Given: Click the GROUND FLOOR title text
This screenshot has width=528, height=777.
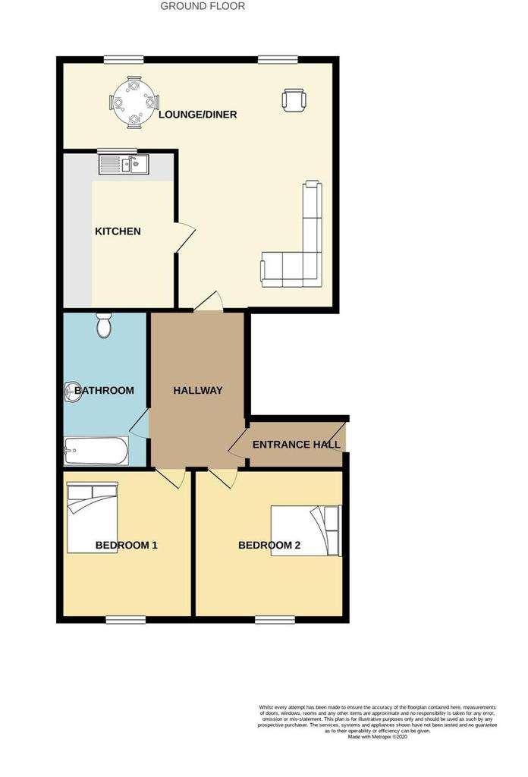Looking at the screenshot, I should pos(203,6).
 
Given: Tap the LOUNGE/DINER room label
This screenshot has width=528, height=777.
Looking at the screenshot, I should pos(198,115).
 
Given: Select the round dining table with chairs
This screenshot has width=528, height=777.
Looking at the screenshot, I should pos(134,101).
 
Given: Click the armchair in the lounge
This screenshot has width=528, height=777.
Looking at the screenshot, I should pos(294,99).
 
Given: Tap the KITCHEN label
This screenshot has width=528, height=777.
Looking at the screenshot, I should pos(118,231).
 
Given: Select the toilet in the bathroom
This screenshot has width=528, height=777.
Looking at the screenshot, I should pos(105,326).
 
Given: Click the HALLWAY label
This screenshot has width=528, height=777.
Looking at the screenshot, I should pos(198,391).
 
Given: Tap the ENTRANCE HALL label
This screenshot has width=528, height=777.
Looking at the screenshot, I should pos(296,444).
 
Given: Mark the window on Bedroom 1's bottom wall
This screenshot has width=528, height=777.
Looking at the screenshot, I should pos(125,620).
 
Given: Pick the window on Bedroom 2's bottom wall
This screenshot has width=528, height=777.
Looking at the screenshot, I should pos(275,620).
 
